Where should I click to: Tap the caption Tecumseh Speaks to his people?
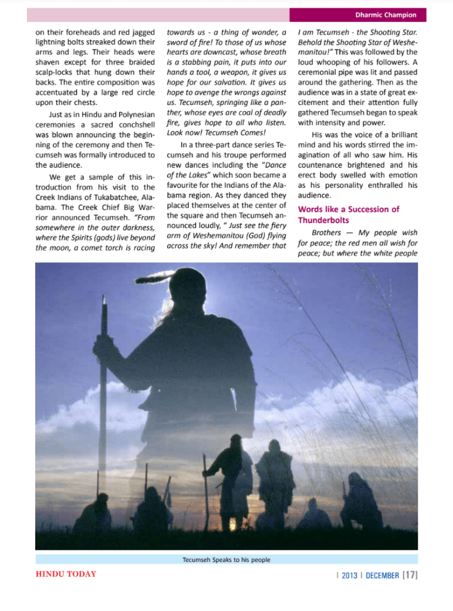click(226, 560)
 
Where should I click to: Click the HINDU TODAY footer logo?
click(66, 574)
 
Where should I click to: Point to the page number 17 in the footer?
click(410, 575)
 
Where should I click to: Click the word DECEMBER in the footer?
click(381, 575)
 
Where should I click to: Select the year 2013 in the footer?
click(349, 575)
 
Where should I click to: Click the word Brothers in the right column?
click(327, 232)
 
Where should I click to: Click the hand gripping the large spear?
click(104, 352)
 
